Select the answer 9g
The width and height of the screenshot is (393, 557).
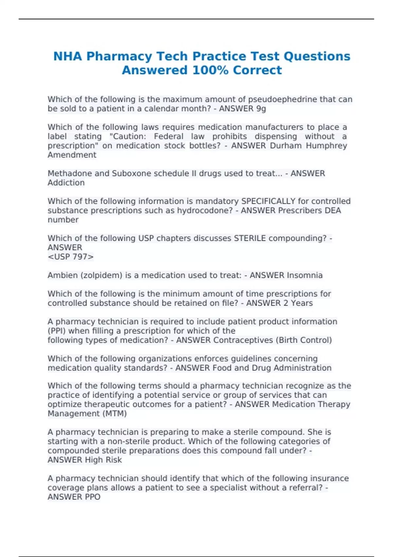[x=261, y=109]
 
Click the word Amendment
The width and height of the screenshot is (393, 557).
[x=72, y=155]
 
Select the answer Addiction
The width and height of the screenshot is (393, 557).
[x=66, y=183]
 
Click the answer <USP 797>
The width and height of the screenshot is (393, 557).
[x=71, y=257]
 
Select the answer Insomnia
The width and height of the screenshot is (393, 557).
[x=304, y=275]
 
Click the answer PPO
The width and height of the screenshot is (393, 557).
[x=93, y=497]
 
